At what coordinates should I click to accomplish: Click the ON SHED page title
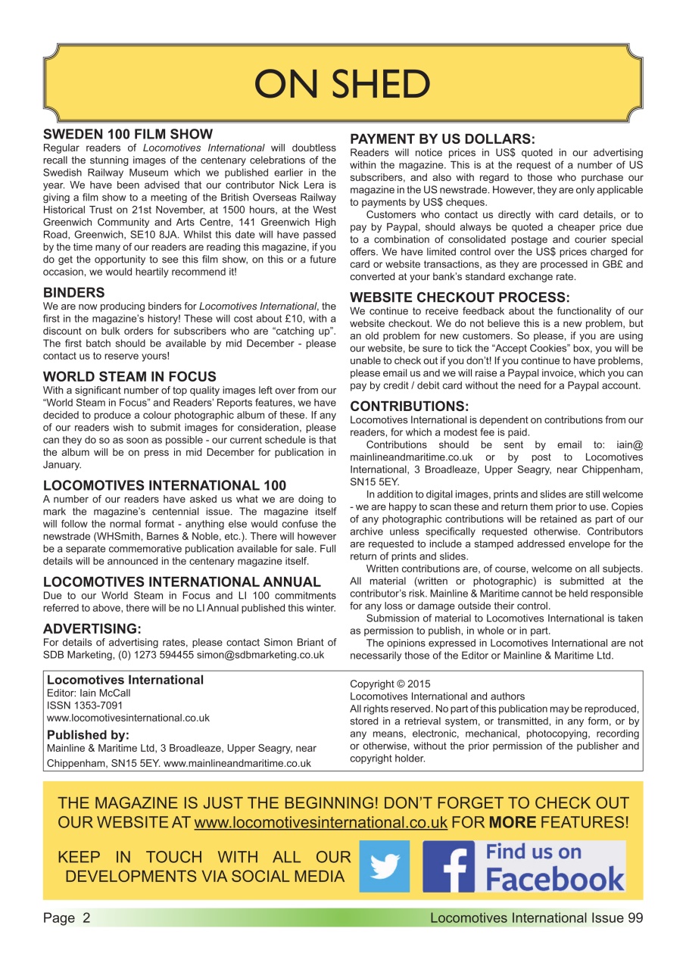(x=342, y=83)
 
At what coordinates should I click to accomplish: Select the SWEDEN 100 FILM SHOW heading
(x=128, y=135)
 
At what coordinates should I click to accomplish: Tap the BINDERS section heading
(x=74, y=292)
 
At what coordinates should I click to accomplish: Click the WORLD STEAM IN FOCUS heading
(x=129, y=376)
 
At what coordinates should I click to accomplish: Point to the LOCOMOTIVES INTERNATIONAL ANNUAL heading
(x=182, y=581)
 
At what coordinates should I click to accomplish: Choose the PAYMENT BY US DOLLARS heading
(x=442, y=139)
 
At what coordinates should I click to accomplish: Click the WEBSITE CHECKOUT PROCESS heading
(x=460, y=298)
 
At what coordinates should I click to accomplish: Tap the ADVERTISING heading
(x=92, y=628)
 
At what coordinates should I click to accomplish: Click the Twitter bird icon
(x=384, y=866)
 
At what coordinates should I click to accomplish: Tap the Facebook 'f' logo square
(x=449, y=867)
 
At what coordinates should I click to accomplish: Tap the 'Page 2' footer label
(x=67, y=918)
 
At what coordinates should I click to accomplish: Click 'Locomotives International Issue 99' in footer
(x=536, y=918)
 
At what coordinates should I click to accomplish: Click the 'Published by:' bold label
(x=88, y=734)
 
